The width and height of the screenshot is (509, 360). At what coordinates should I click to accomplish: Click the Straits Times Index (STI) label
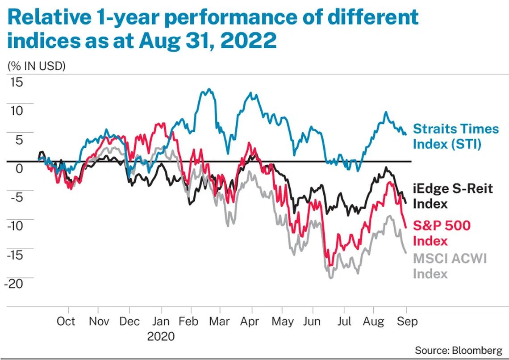pyautogui.click(x=455, y=136)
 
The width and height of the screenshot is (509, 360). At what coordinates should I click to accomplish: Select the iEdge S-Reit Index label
pyautogui.click(x=453, y=196)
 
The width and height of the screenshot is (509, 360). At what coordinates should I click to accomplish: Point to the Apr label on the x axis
pyautogui.click(x=252, y=322)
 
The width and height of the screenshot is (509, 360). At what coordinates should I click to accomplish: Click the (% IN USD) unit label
pyautogui.click(x=37, y=66)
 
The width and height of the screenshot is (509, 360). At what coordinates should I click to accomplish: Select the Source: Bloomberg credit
pyautogui.click(x=458, y=349)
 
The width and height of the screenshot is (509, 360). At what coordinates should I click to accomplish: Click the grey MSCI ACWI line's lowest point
pyautogui.click(x=330, y=278)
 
